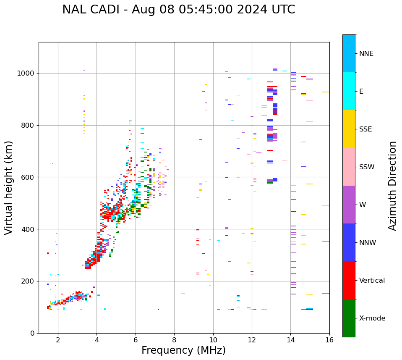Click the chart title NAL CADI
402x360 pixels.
[x=178, y=10]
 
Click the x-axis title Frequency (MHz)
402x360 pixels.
[x=183, y=350]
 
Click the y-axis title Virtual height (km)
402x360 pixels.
[x=9, y=187]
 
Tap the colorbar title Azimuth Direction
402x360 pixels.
[x=392, y=186]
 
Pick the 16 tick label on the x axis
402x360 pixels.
[x=329, y=340]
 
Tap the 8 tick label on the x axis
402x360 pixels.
[x=174, y=340]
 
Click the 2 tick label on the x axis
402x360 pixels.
[x=58, y=340]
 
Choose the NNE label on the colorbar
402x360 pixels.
[x=366, y=54]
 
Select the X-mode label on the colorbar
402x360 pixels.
[x=372, y=318]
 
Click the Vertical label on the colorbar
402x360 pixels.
[x=372, y=281]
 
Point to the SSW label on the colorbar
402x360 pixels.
[x=367, y=167]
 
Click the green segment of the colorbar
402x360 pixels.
[x=349, y=318]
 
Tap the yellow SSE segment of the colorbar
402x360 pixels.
[x=349, y=129]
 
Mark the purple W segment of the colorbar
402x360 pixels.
[x=349, y=205]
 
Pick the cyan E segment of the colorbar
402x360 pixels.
[x=349, y=91]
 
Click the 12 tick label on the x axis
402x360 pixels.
[x=252, y=340]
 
